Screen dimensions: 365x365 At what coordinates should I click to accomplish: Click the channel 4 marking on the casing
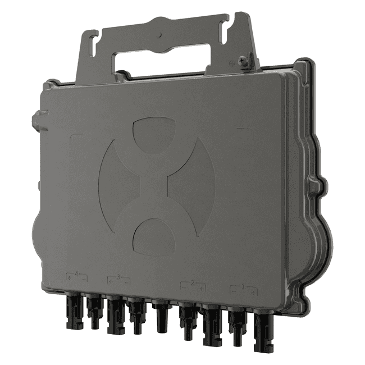[x=76, y=276]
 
